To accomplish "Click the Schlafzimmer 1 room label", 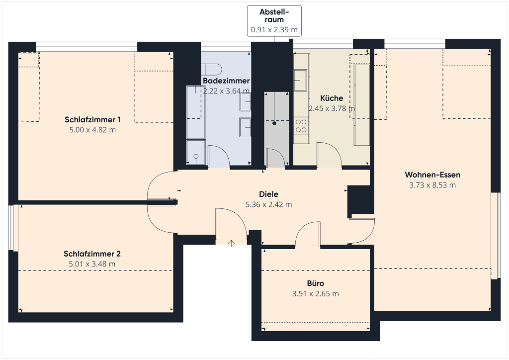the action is point(92,120).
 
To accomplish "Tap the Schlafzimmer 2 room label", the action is point(92,254).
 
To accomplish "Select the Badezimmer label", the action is point(226,81).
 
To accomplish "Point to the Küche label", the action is point(332,98).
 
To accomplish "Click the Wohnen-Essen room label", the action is point(433,175).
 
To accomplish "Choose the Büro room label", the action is point(316,283).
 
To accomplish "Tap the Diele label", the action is point(269,194).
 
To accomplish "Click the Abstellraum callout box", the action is point(274,21).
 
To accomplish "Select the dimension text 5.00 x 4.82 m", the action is point(92,130).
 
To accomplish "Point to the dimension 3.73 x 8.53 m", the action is point(433,185).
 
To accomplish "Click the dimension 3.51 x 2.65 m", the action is point(316,294).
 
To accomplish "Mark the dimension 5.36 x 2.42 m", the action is point(269,204).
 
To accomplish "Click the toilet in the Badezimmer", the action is point(212,69).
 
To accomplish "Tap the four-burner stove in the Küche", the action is point(301,126).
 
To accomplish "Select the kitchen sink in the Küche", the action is point(300,80).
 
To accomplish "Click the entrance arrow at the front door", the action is point(231,243).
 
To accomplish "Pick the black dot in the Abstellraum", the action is point(274,123).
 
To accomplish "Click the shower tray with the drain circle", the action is point(196,152).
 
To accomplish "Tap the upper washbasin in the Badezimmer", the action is point(245,101).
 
